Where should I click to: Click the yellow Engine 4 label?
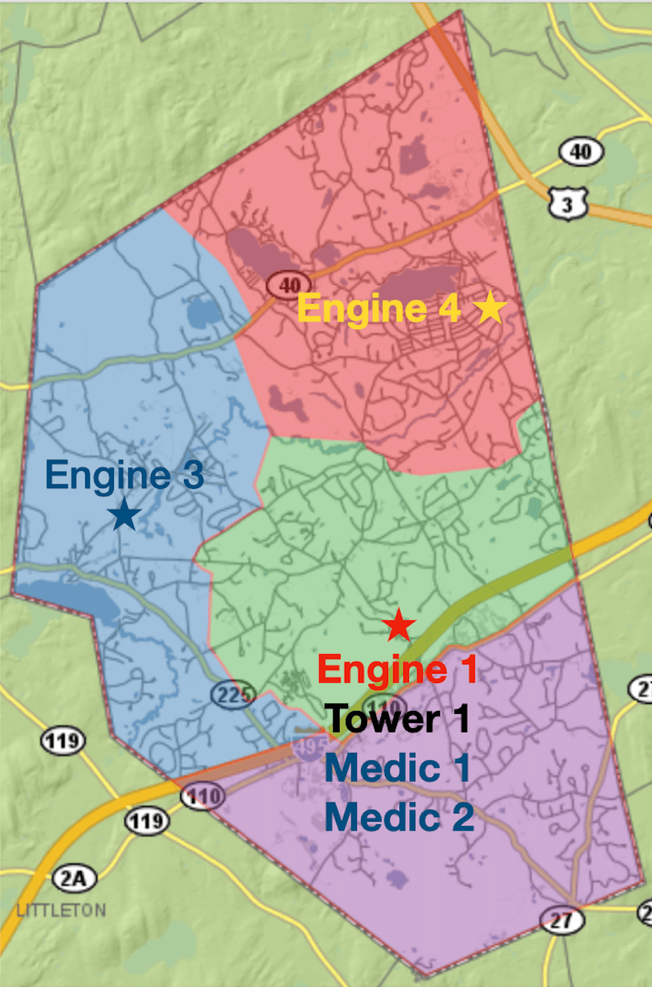(x=378, y=308)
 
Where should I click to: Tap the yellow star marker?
(x=490, y=307)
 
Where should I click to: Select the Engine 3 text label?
(x=124, y=475)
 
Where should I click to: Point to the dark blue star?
(x=124, y=514)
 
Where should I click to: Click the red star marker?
(x=399, y=625)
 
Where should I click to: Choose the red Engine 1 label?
(x=397, y=669)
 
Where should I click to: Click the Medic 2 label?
(x=399, y=817)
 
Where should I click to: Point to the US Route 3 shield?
(x=568, y=203)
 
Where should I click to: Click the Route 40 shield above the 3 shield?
(x=581, y=152)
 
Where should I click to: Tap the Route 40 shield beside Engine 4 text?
(x=289, y=284)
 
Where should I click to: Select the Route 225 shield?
(x=233, y=695)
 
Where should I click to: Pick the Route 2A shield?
(x=74, y=878)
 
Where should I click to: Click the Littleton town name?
(x=62, y=911)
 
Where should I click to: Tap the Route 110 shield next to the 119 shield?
(x=202, y=797)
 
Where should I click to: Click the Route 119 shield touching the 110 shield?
(x=147, y=821)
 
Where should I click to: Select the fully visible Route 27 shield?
(x=562, y=920)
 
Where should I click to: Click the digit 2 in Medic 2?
(x=463, y=817)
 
